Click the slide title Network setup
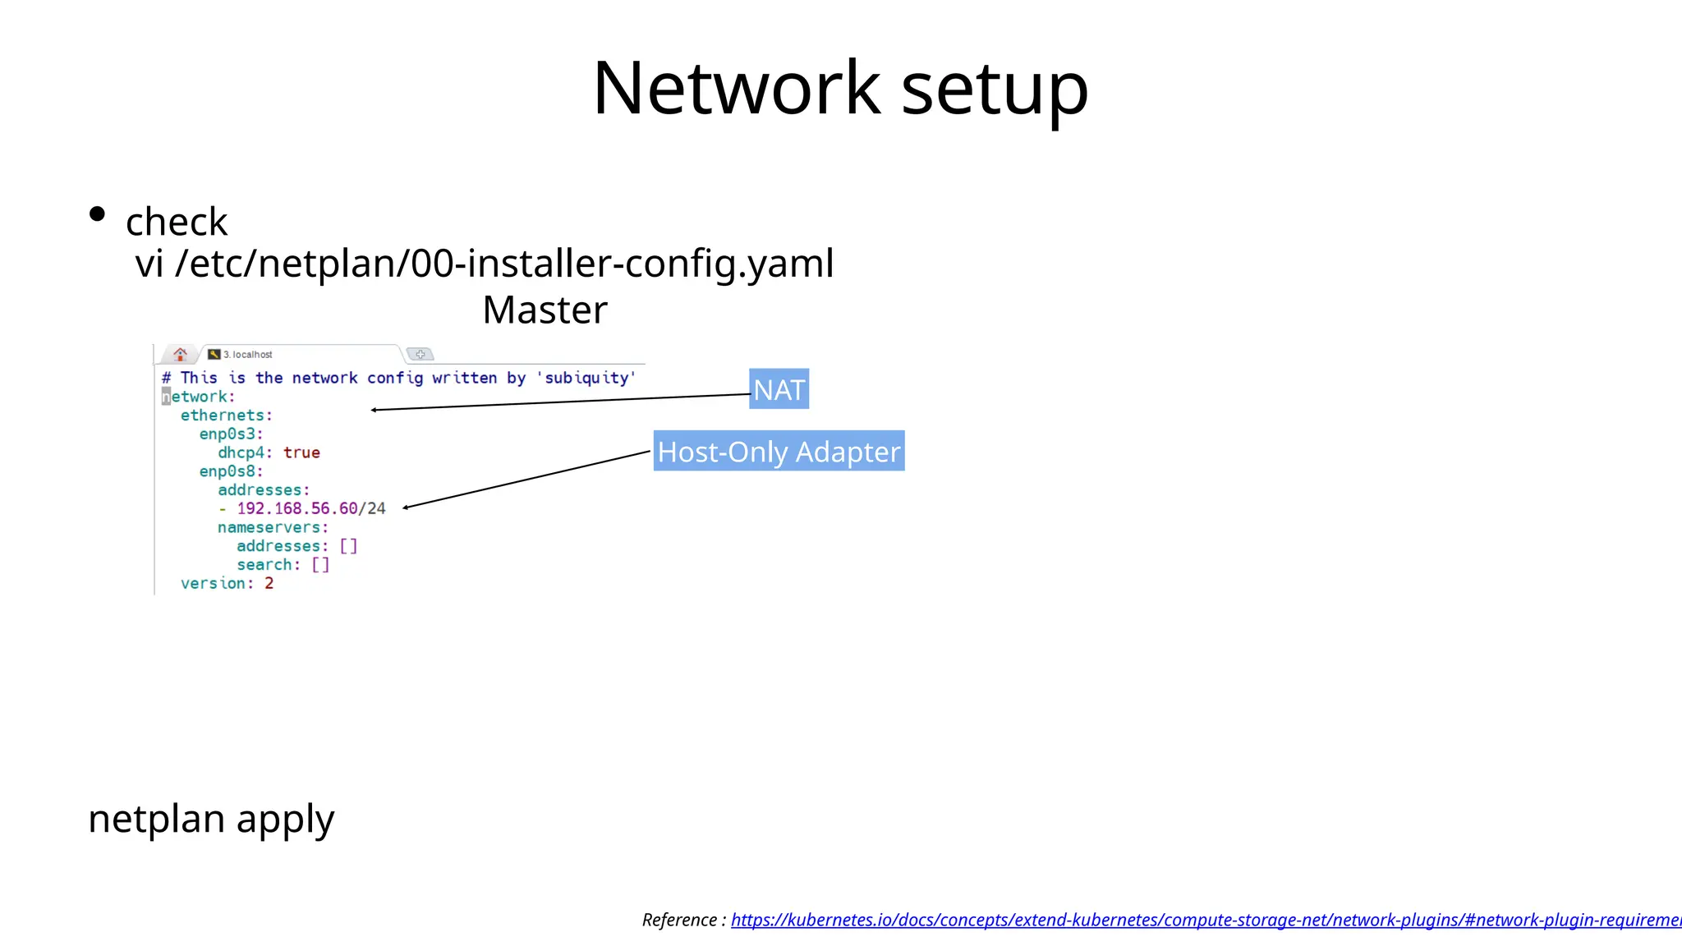pyautogui.click(x=840, y=88)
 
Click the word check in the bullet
pyautogui.click(x=177, y=222)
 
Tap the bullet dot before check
pyautogui.click(x=97, y=215)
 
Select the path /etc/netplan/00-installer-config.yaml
pyautogui.click(x=504, y=264)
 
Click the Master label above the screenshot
pyautogui.click(x=545, y=310)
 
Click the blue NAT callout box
pyautogui.click(x=779, y=389)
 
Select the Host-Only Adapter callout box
pyautogui.click(x=779, y=451)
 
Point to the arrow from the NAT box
pyautogui.click(x=558, y=402)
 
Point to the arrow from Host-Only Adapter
pyautogui.click(x=526, y=480)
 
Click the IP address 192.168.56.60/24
pyautogui.click(x=311, y=508)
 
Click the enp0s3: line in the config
pyautogui.click(x=231, y=434)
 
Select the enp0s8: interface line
pyautogui.click(x=231, y=471)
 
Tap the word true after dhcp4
pyautogui.click(x=301, y=452)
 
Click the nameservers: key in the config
pyautogui.click(x=273, y=527)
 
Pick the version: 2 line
pyautogui.click(x=227, y=583)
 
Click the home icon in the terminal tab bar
pyautogui.click(x=180, y=354)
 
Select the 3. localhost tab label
pyautogui.click(x=247, y=355)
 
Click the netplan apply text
pyautogui.click(x=211, y=819)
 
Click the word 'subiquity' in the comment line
pyautogui.click(x=586, y=378)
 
